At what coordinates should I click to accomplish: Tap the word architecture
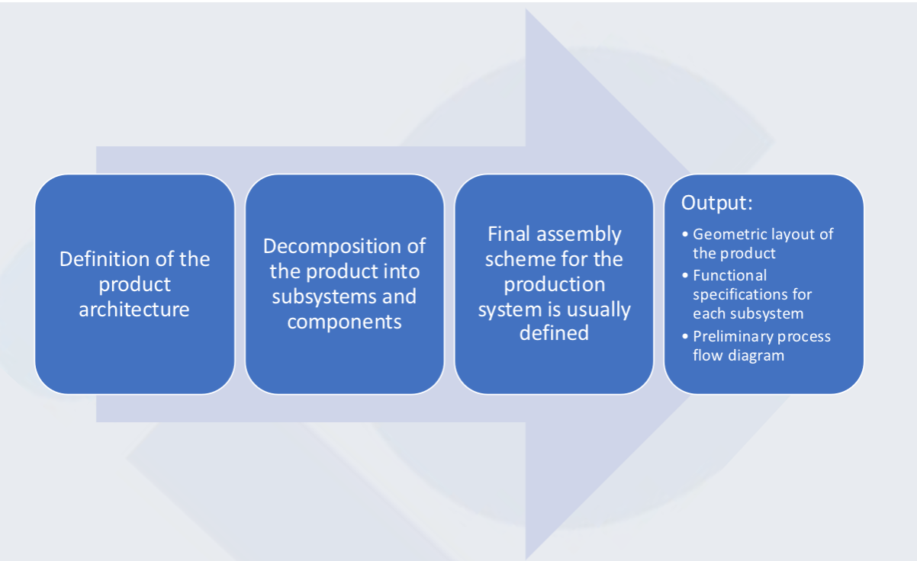click(134, 309)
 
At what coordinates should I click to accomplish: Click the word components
click(344, 322)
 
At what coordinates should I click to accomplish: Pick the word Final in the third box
click(509, 234)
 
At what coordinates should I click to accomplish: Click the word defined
click(555, 333)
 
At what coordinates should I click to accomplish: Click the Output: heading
click(717, 203)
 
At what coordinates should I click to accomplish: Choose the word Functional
click(729, 276)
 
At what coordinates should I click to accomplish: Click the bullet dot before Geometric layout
click(685, 234)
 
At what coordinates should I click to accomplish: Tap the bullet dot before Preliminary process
click(685, 336)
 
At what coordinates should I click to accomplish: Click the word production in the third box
click(555, 285)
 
